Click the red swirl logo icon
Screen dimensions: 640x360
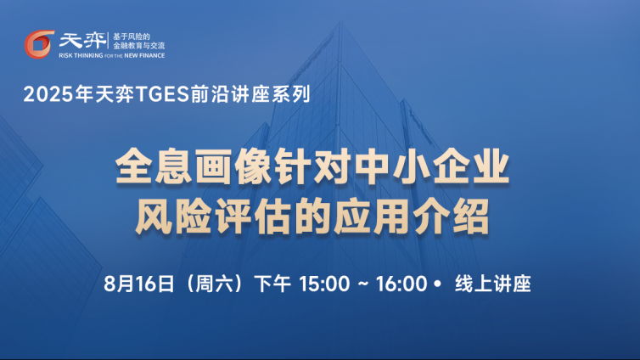(39, 44)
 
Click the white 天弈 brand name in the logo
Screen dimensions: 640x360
(82, 41)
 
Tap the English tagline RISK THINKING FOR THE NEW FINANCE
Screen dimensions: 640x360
(112, 55)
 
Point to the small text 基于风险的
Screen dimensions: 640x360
(132, 37)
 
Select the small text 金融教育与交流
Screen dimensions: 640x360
(138, 46)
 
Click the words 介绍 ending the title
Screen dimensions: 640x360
(451, 217)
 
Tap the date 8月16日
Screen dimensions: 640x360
(139, 284)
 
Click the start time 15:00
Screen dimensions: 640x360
(324, 284)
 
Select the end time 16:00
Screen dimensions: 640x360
(401, 284)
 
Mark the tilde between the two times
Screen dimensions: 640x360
(363, 284)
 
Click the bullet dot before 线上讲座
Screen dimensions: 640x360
(438, 284)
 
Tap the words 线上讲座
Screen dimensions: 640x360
(492, 284)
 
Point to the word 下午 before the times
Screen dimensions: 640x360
(272, 284)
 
